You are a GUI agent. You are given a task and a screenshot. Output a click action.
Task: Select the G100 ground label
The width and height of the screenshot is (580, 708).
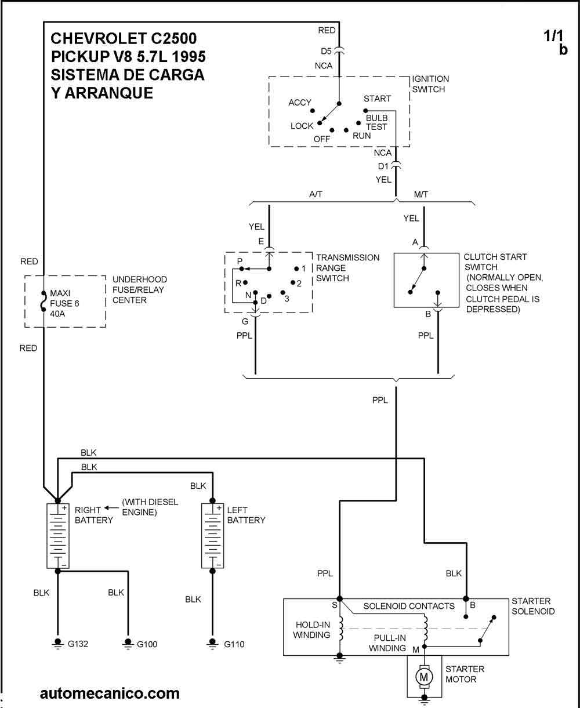click(147, 644)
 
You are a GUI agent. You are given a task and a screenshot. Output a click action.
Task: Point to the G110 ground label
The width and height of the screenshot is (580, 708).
click(234, 644)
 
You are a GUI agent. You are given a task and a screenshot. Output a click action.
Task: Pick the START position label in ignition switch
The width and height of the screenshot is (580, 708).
click(377, 99)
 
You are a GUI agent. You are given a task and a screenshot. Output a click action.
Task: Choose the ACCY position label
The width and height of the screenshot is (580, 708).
click(300, 103)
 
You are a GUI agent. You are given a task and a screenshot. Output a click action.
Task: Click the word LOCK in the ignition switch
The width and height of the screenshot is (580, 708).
click(302, 126)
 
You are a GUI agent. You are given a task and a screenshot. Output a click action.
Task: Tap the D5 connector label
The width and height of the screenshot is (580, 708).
click(326, 50)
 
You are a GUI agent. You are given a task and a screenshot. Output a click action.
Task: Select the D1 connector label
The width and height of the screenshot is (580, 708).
click(384, 166)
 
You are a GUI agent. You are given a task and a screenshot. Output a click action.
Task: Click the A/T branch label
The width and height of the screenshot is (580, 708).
click(316, 194)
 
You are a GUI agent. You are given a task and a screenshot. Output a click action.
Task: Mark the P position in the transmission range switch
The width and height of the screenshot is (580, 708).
click(239, 262)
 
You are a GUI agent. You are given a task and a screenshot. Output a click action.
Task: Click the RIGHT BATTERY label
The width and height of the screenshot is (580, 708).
click(93, 515)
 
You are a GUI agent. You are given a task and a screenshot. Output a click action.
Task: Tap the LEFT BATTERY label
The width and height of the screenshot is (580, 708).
click(246, 515)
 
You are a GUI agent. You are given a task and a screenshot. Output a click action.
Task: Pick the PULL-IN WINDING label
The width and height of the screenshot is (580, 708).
click(387, 642)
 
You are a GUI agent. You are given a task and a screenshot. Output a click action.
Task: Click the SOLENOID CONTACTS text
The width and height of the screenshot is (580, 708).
click(409, 606)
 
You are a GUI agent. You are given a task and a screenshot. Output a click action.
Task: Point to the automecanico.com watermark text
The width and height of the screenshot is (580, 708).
click(110, 694)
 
